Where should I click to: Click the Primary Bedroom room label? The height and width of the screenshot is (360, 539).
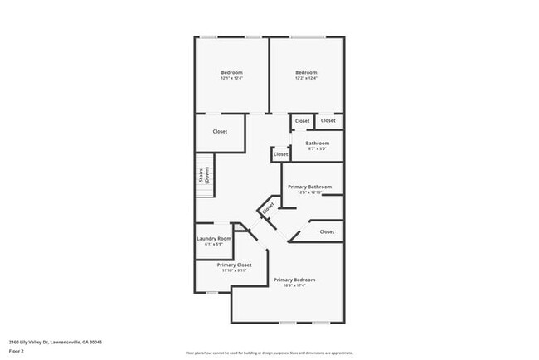pos(294,280)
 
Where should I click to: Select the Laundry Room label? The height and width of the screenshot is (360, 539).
pos(214,239)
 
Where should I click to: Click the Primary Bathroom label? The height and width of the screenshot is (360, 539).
pos(309,187)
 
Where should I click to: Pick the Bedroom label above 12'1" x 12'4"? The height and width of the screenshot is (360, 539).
pos(231,73)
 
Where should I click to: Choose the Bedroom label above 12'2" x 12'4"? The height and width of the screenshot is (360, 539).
pos(306,73)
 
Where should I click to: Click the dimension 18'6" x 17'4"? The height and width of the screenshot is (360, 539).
pos(294,286)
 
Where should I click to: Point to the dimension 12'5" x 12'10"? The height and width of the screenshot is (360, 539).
pos(309,192)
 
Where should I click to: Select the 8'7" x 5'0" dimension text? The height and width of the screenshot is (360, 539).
pos(317,149)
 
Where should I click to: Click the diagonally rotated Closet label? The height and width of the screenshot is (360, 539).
pos(268,210)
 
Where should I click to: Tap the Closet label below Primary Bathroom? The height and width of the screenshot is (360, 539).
pos(327,231)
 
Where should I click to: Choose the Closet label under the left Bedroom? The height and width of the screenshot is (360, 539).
pos(220,131)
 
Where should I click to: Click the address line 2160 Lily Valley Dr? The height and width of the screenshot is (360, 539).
pos(55,341)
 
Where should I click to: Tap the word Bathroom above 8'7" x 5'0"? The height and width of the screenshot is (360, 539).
pos(317,144)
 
